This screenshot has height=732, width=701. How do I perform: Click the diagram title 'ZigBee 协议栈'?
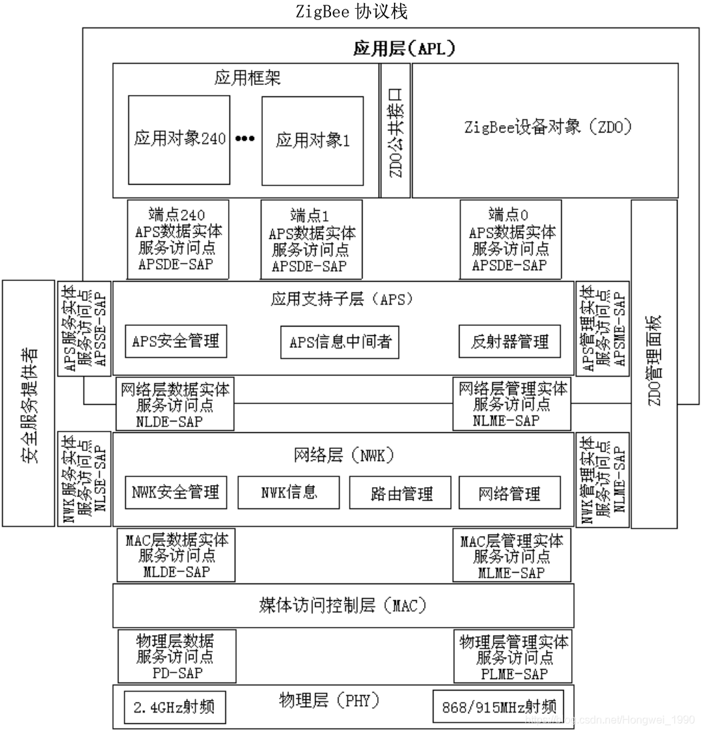pos(351,12)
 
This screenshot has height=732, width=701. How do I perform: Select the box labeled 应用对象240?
pos(179,139)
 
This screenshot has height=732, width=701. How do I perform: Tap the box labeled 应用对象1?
pos(312,140)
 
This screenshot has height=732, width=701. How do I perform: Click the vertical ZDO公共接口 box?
pos(395,130)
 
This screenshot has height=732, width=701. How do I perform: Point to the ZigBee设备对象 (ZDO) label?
pos(548,127)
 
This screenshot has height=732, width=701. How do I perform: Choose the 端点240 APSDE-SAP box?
pos(178,239)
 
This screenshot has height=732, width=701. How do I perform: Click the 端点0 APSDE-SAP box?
pos(510,239)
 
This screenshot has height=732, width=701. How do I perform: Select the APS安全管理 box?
pos(176,341)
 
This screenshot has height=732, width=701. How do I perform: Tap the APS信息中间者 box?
pos(340,342)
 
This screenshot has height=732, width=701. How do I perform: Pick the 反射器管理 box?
pos(510,342)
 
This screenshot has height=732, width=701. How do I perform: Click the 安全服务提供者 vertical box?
pos(28,403)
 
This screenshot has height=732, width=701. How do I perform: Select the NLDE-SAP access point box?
pos(175,405)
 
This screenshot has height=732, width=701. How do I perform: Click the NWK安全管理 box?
pos(176,493)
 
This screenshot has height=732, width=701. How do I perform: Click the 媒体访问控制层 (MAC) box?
pos(342,606)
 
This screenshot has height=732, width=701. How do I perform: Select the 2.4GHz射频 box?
pos(175,707)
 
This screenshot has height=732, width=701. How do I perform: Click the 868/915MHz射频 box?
pos(498,707)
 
